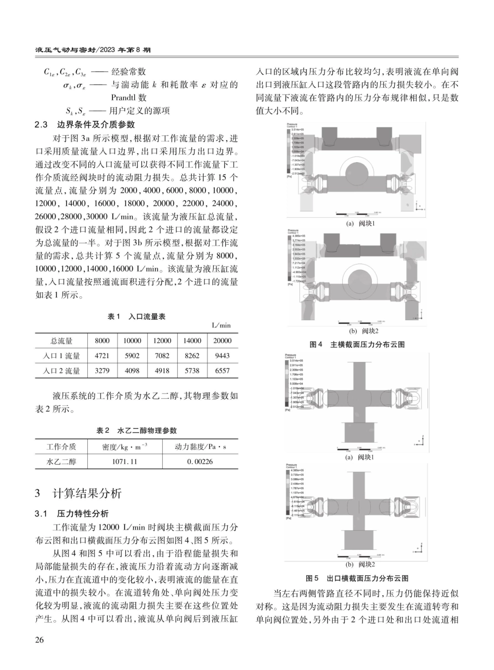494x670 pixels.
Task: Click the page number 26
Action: coord(40,639)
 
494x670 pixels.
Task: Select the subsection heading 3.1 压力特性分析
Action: coord(71,514)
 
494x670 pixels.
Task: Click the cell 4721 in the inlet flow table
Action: coord(102,356)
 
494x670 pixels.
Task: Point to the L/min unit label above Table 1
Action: coord(221,326)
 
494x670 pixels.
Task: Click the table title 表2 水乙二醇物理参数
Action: coord(136,430)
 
